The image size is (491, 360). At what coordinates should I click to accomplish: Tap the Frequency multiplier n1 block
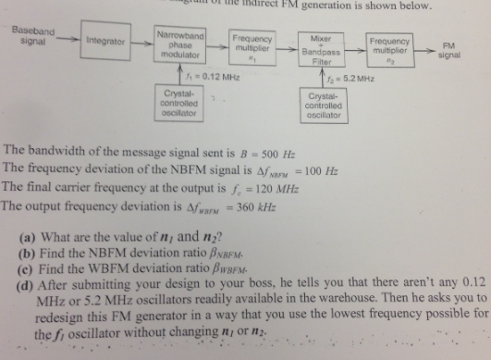click(x=252, y=44)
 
